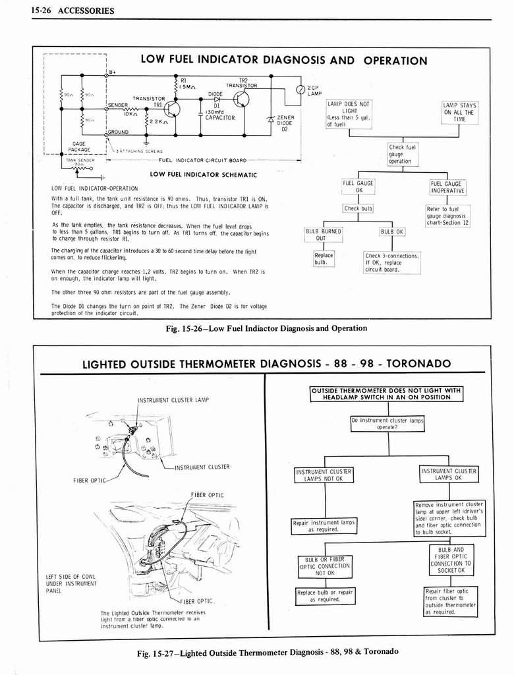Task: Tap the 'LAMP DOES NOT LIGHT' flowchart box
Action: (349, 114)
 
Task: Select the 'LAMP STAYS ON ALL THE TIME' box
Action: (459, 112)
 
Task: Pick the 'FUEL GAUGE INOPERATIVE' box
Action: (447, 187)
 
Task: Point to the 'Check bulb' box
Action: (358, 209)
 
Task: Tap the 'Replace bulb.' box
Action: (324, 258)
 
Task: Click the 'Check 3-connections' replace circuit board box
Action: (392, 262)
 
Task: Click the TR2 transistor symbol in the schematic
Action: (241, 99)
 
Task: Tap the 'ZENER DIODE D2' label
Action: (285, 123)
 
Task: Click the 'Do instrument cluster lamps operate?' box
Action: (387, 423)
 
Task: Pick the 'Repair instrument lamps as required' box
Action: (323, 525)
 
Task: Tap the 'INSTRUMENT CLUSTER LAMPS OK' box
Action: (449, 474)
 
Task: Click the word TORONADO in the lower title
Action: (418, 364)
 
